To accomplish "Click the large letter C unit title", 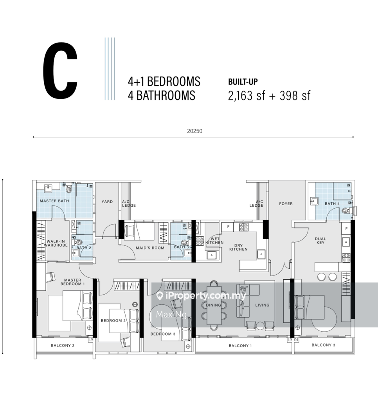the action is [60, 71].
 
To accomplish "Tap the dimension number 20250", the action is [194, 131].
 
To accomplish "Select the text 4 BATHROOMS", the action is [162, 96].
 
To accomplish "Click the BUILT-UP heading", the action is [243, 82].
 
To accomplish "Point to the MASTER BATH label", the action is [54, 201].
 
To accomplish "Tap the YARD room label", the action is [107, 202].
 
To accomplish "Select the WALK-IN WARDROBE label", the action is [56, 243].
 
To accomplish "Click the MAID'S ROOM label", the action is [150, 248].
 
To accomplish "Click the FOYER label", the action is [286, 204].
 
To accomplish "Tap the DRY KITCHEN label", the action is [238, 247].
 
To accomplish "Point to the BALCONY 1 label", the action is [240, 346].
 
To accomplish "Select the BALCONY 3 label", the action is [323, 345].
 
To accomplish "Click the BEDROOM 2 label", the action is [113, 320].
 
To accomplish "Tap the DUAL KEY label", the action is [320, 241].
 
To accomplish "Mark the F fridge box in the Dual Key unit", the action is [346, 229].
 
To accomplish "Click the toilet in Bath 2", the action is [78, 242].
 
